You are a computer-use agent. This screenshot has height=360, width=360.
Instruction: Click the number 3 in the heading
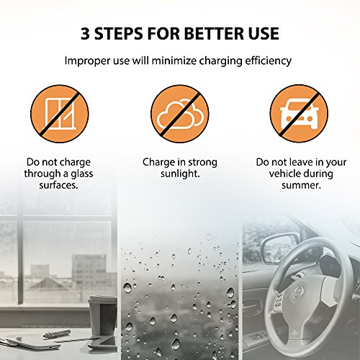(x=85, y=33)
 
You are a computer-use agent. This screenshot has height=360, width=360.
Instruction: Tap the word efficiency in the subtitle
(x=268, y=61)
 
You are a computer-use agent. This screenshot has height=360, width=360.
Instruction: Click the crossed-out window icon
(x=60, y=114)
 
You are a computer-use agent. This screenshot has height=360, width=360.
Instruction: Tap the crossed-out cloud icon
(x=180, y=114)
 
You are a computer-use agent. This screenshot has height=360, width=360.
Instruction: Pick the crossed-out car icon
(x=299, y=114)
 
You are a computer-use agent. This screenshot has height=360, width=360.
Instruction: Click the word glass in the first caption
(x=82, y=174)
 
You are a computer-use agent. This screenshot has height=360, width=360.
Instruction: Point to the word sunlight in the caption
(x=179, y=174)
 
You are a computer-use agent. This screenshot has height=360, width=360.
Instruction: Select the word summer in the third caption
(x=300, y=186)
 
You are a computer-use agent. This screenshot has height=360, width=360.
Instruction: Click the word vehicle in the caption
(x=284, y=174)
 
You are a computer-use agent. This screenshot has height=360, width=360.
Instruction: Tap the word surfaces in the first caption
(x=58, y=185)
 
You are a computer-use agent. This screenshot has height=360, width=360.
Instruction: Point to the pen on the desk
(x=57, y=334)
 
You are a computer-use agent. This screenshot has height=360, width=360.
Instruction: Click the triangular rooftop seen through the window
(x=49, y=284)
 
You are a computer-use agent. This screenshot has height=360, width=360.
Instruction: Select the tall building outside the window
(x=89, y=271)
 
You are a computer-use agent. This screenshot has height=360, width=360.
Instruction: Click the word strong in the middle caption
(x=202, y=163)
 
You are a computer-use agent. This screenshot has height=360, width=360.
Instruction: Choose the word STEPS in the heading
(x=118, y=33)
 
